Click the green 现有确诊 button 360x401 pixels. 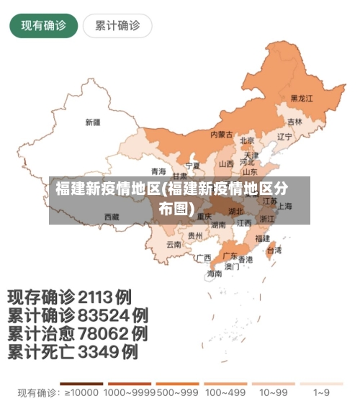click(43, 27)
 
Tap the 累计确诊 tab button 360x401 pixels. click(117, 27)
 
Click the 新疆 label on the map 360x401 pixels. click(93, 122)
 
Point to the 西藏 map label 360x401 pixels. click(112, 216)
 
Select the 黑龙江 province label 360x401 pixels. click(302, 98)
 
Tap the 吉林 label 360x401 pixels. click(295, 122)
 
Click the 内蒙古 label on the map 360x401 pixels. click(221, 134)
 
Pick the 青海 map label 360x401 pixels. click(158, 171)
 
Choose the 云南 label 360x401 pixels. click(174, 244)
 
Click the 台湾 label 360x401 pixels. click(274, 251)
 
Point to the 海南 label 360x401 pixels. click(215, 274)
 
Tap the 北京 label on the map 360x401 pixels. click(247, 140)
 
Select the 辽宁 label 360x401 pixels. click(285, 136)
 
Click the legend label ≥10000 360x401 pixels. click(81, 393)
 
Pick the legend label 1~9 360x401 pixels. click(322, 393)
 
